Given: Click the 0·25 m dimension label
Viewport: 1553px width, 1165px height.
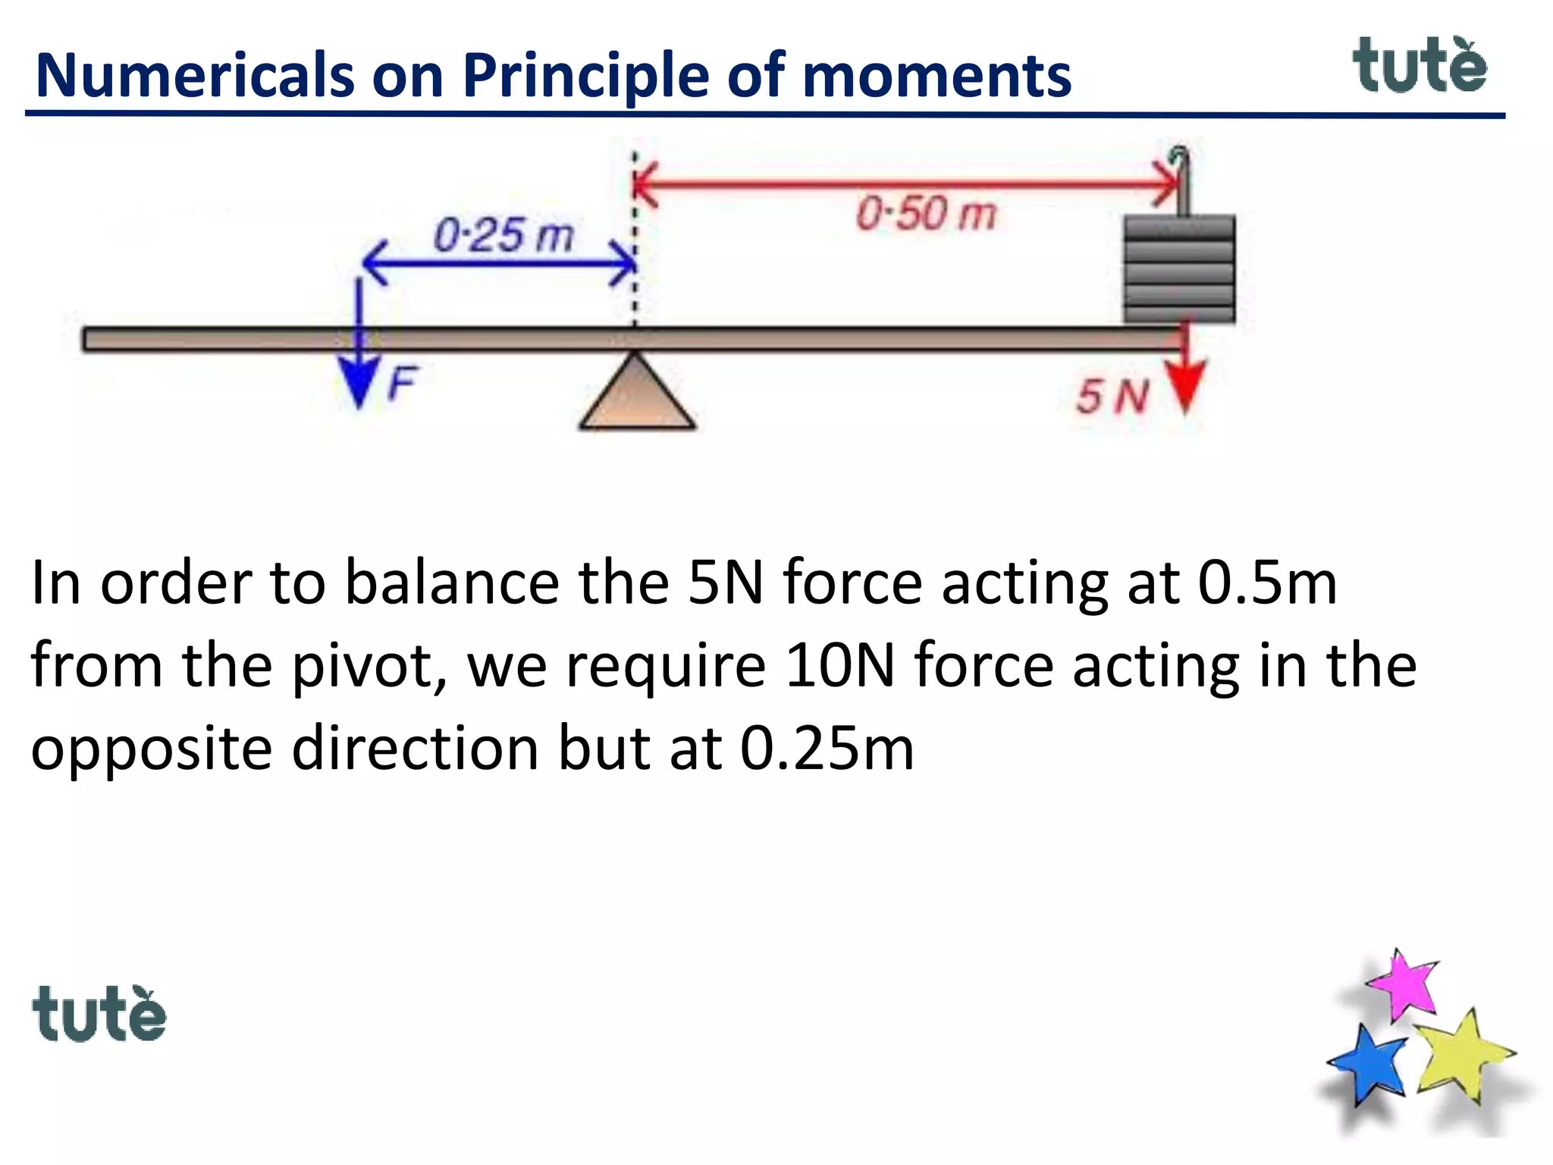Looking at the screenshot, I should pos(504,234).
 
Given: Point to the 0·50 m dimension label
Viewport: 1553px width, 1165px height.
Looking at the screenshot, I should pos(926,213).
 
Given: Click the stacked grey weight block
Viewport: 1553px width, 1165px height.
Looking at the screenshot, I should pos(1179,269).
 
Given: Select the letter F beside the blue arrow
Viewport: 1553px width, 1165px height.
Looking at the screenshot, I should pos(403,383).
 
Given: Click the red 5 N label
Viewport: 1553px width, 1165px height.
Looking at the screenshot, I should pos(1112,397).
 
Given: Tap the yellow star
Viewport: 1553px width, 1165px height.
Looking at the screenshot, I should pos(1460,1054).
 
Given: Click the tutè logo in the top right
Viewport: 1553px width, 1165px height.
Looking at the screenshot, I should pos(1420,67).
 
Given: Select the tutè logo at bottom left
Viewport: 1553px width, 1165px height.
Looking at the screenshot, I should pos(99,1014).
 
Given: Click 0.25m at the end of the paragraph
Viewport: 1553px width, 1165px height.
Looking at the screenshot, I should pos(827,749).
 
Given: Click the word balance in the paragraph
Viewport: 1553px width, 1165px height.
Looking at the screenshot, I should pos(452,582).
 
